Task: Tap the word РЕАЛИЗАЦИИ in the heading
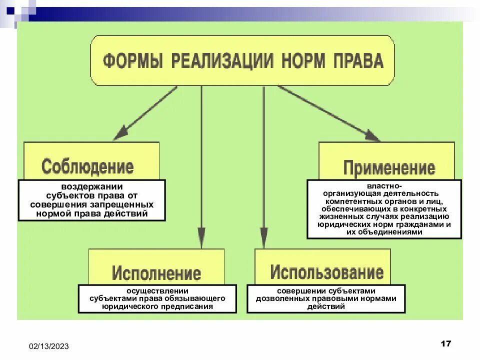[x=222, y=61]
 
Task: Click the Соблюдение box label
[x=87, y=166]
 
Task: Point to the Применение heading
[x=389, y=168]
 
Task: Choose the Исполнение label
[x=156, y=273]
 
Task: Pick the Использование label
[x=327, y=272]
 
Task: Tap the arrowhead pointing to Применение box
[x=373, y=136]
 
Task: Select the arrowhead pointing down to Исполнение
[x=201, y=237]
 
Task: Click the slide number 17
[x=446, y=343]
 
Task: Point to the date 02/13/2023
[x=49, y=346]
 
